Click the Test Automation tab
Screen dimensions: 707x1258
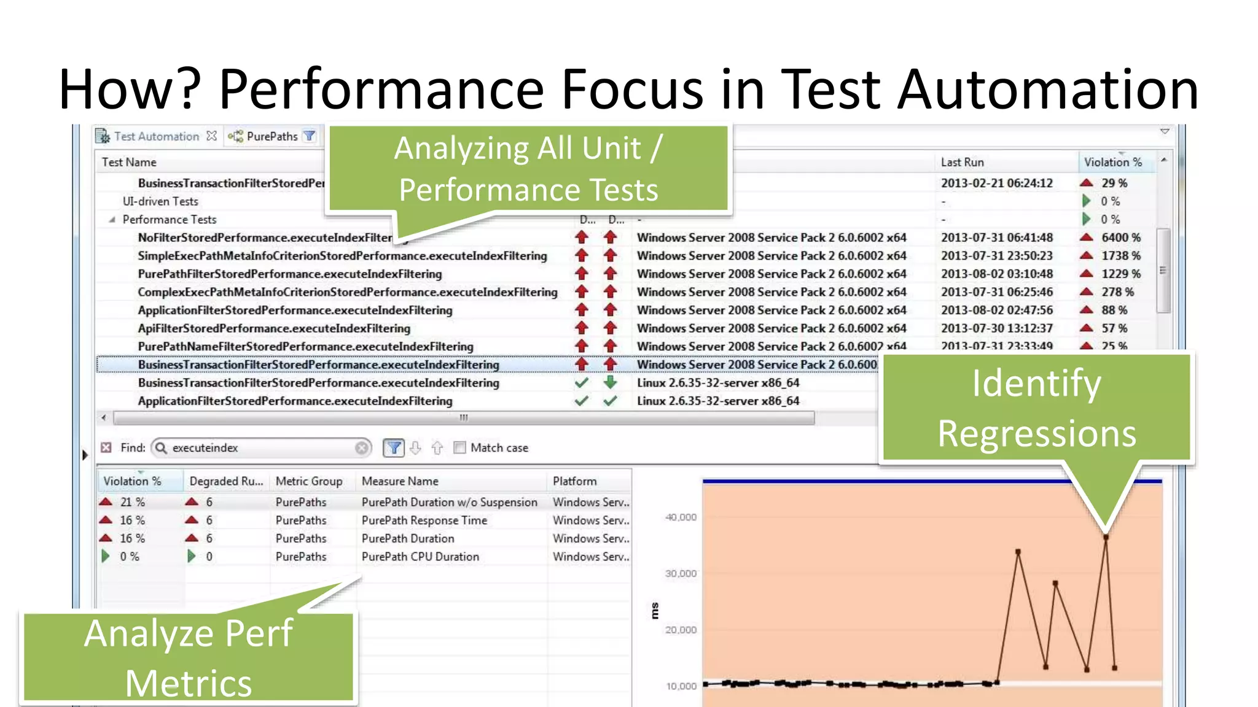tap(156, 136)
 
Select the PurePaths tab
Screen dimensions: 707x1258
tap(272, 136)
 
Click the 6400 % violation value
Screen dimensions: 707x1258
tap(1120, 238)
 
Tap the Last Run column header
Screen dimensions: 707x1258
tap(962, 162)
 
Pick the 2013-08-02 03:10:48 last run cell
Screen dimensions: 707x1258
tap(996, 274)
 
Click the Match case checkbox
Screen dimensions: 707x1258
tap(459, 447)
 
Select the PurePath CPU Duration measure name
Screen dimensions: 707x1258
tap(420, 557)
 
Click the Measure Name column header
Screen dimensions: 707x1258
tap(400, 481)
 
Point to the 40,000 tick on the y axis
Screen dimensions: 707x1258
tap(681, 517)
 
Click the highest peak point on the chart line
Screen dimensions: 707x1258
tap(1106, 537)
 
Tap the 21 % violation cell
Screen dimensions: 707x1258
tap(132, 502)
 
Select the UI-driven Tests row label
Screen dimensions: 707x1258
tap(160, 201)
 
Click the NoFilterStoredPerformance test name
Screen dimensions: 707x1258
tap(264, 238)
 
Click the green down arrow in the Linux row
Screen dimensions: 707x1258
tap(610, 382)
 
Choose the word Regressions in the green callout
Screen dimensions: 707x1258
tap(1037, 433)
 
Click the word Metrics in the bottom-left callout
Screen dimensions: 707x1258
tap(189, 683)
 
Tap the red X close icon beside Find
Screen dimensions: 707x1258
tap(106, 447)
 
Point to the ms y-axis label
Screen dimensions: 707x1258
tap(655, 611)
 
